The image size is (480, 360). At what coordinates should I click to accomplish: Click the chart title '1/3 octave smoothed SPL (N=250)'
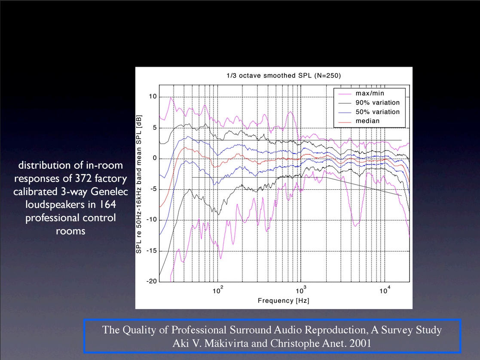pyautogui.click(x=284, y=75)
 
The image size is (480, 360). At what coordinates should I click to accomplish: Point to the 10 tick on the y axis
pyautogui.click(x=153, y=96)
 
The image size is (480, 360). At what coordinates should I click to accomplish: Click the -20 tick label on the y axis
pyautogui.click(x=152, y=281)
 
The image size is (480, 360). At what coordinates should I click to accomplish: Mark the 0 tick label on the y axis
pyautogui.click(x=155, y=158)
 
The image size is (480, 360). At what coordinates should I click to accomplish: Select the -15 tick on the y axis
pyautogui.click(x=152, y=251)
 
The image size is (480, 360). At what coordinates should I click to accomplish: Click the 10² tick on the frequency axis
pyautogui.click(x=218, y=290)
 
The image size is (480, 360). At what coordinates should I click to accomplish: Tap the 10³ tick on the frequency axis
pyautogui.click(x=301, y=290)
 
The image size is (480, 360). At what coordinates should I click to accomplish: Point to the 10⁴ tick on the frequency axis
pyautogui.click(x=385, y=290)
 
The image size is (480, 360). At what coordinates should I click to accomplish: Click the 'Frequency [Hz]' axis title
pyautogui.click(x=284, y=301)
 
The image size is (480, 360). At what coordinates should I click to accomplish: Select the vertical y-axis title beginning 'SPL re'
pyautogui.click(x=139, y=184)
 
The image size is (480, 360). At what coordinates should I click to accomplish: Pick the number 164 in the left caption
pyautogui.click(x=107, y=204)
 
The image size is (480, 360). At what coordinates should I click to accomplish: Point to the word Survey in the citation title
pyautogui.click(x=394, y=330)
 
